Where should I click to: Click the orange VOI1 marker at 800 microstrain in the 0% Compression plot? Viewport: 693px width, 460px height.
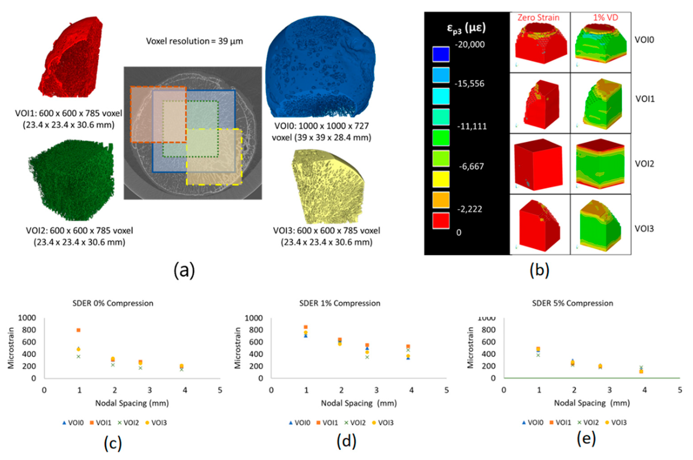point(78,330)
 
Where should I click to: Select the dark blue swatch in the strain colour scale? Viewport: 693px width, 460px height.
point(441,54)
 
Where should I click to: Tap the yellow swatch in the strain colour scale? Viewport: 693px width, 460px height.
point(441,179)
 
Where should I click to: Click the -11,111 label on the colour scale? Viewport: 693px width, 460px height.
point(472,126)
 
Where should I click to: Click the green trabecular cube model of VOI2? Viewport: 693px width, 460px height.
point(71,180)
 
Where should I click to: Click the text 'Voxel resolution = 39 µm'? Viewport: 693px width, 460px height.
point(195,41)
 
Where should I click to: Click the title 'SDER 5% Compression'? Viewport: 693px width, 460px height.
point(572,303)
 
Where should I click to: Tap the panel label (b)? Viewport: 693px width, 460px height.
point(539,270)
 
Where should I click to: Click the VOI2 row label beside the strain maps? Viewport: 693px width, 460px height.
point(644,164)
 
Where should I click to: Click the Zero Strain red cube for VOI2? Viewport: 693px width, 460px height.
point(539,164)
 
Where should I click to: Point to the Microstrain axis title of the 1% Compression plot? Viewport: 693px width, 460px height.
point(237,348)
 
